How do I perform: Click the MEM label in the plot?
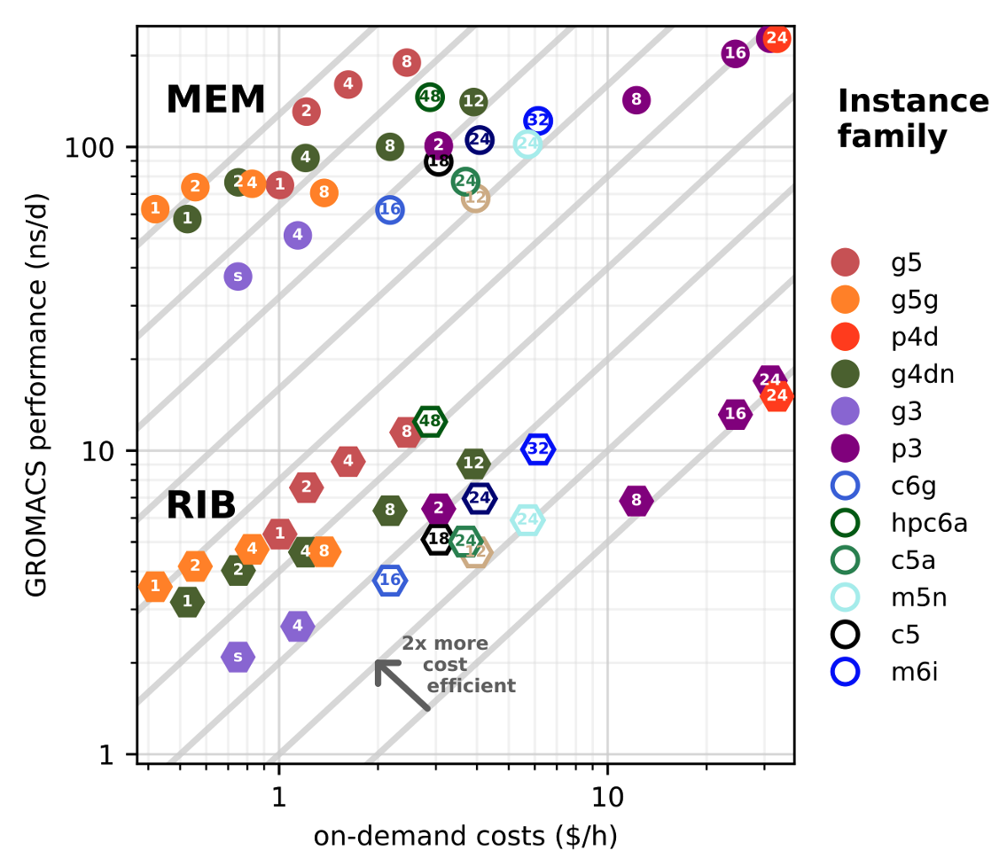pos(215,99)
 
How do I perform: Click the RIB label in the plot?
pos(201,505)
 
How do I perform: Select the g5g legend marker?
pos(846,300)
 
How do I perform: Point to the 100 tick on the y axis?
pos(98,147)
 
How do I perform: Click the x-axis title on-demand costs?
pos(464,836)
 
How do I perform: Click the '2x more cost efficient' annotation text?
pos(457,665)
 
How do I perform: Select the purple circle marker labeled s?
pos(238,277)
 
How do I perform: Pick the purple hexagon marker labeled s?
pos(238,657)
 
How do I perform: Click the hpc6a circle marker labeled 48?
pos(430,96)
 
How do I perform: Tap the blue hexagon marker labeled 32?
pos(538,449)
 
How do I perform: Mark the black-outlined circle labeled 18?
pos(439,161)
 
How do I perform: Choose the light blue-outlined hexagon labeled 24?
pos(527,520)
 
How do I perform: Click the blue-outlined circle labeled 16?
pos(390,210)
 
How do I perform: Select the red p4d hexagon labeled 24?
pos(777,395)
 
